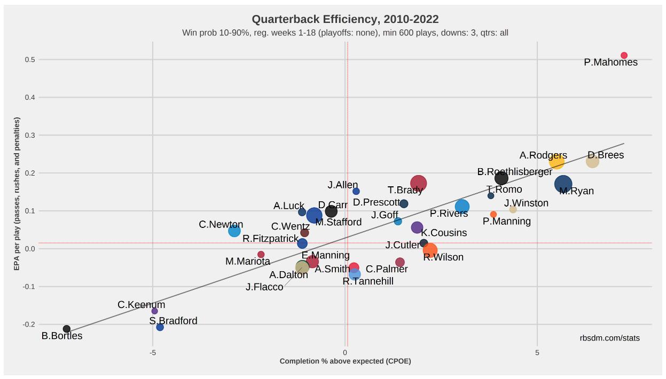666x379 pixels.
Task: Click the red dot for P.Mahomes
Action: pos(624,56)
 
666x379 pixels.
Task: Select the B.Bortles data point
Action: pos(67,329)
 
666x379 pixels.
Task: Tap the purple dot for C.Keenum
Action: pos(155,311)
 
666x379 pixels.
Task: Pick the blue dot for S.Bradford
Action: pos(160,327)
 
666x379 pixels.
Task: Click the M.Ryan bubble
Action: pos(563,184)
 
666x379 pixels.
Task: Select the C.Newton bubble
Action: pos(234,231)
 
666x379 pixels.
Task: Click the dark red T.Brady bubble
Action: pos(419,183)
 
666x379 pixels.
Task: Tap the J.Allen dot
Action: pos(356,191)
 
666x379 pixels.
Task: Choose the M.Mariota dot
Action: pos(261,255)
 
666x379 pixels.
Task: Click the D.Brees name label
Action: pos(606,155)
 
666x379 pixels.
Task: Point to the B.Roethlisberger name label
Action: pos(515,172)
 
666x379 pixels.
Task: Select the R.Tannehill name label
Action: pos(368,281)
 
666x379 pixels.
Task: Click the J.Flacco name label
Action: pos(264,287)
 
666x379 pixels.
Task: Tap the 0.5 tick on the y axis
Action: pos(29,60)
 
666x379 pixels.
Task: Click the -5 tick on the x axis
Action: pos(153,353)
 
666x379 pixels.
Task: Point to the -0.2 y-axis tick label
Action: pos(28,325)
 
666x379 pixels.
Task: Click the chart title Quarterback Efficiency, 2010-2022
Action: pos(345,20)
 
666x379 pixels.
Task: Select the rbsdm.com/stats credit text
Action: pos(609,338)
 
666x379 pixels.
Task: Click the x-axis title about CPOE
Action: pos(345,361)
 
